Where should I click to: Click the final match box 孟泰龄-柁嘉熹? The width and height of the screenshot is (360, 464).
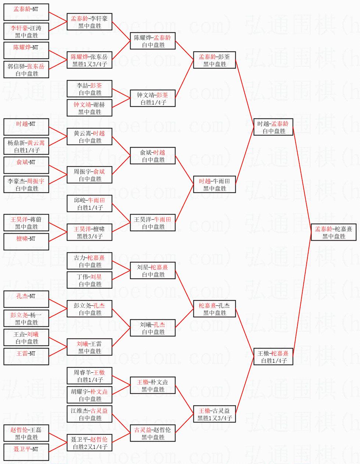pyautogui.click(x=334, y=232)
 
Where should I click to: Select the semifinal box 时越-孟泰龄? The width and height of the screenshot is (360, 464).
pyautogui.click(x=273, y=127)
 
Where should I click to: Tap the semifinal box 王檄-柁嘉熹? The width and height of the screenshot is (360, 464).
pyautogui.click(x=273, y=357)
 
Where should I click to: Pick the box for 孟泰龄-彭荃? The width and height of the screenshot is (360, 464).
pyautogui.click(x=214, y=60)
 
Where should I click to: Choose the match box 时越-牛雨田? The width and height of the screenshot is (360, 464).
pyautogui.click(x=214, y=184)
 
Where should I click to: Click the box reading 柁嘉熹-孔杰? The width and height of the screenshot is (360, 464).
pyautogui.click(x=214, y=309)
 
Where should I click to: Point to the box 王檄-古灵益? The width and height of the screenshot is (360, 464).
pyautogui.click(x=214, y=414)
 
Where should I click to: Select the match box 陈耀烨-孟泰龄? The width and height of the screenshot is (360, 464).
pyautogui.click(x=153, y=41)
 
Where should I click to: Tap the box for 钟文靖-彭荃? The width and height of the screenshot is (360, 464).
pyautogui.click(x=153, y=98)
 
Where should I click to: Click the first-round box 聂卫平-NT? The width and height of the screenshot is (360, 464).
pyautogui.click(x=26, y=452)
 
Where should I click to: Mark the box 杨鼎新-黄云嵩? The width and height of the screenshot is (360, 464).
pyautogui.click(x=26, y=146)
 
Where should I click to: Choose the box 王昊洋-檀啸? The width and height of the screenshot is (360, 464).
pyautogui.click(x=89, y=232)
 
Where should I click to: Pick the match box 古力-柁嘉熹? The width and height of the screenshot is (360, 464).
pyautogui.click(x=89, y=261)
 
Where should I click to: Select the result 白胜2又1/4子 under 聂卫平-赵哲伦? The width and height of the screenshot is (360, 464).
pyautogui.click(x=90, y=447)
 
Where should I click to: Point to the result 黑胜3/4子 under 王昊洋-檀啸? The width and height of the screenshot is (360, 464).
pyautogui.click(x=90, y=236)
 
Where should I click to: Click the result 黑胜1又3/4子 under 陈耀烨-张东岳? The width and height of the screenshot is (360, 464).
pyautogui.click(x=90, y=64)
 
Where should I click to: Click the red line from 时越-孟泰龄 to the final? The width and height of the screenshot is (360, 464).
pyautogui.click(x=302, y=179)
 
